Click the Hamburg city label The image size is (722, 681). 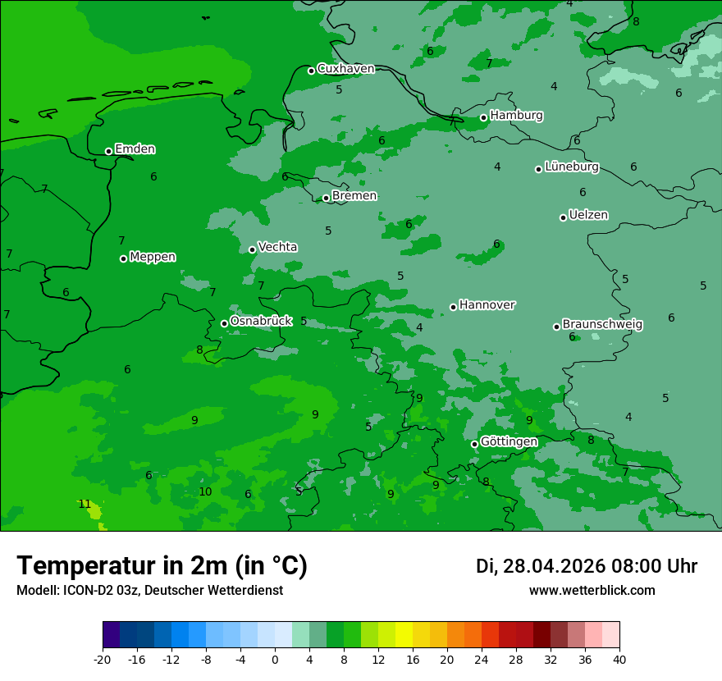tap(516, 116)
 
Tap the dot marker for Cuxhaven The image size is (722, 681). tap(311, 71)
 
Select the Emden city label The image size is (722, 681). tap(135, 149)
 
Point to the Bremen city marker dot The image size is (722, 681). tap(326, 198)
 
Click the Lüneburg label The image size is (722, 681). tap(571, 167)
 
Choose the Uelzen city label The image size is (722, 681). tap(588, 216)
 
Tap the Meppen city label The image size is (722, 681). tap(153, 257)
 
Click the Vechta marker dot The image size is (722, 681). tap(252, 249)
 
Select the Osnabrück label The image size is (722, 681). tap(261, 321)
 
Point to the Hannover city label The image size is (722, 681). tap(487, 305)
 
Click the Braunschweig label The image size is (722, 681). tap(602, 325)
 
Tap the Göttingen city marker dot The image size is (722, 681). tap(474, 444)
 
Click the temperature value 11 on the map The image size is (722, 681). tap(85, 504)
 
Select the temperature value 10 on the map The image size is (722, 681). tap(205, 491)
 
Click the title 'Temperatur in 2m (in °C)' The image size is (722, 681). tap(162, 565)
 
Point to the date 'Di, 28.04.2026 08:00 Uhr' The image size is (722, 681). tap(587, 566)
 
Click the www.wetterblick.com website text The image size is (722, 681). tap(592, 591)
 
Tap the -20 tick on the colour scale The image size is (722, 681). tap(103, 660)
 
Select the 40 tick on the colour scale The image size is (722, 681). tap(619, 660)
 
